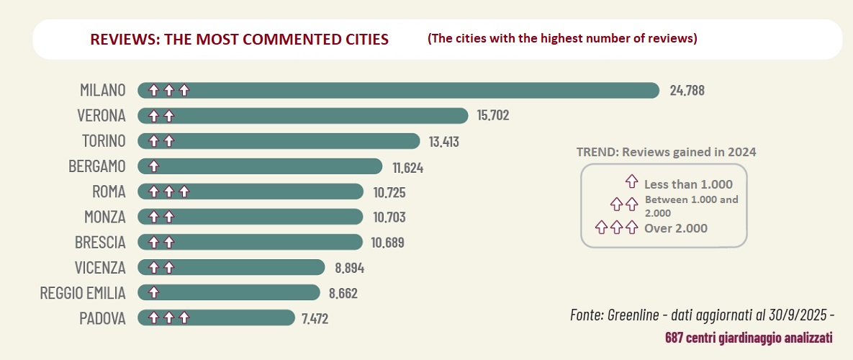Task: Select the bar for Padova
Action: click(216, 318)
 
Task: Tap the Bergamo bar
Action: click(259, 166)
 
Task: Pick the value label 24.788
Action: click(687, 91)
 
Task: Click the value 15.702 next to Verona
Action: click(493, 115)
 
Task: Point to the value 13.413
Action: click(444, 141)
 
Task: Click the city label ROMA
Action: click(109, 192)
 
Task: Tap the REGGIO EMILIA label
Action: click(84, 292)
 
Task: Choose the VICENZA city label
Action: click(100, 267)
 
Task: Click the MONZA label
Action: click(104, 217)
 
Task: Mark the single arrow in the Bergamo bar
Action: click(153, 166)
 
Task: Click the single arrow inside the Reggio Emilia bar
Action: click(153, 292)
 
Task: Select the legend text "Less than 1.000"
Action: click(688, 184)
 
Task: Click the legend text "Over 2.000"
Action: click(676, 228)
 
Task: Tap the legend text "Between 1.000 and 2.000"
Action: click(691, 206)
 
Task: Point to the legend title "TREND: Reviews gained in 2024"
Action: click(666, 152)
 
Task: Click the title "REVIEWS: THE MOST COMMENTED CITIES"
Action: click(239, 39)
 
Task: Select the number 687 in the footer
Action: click(674, 337)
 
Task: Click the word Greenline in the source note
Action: click(633, 315)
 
